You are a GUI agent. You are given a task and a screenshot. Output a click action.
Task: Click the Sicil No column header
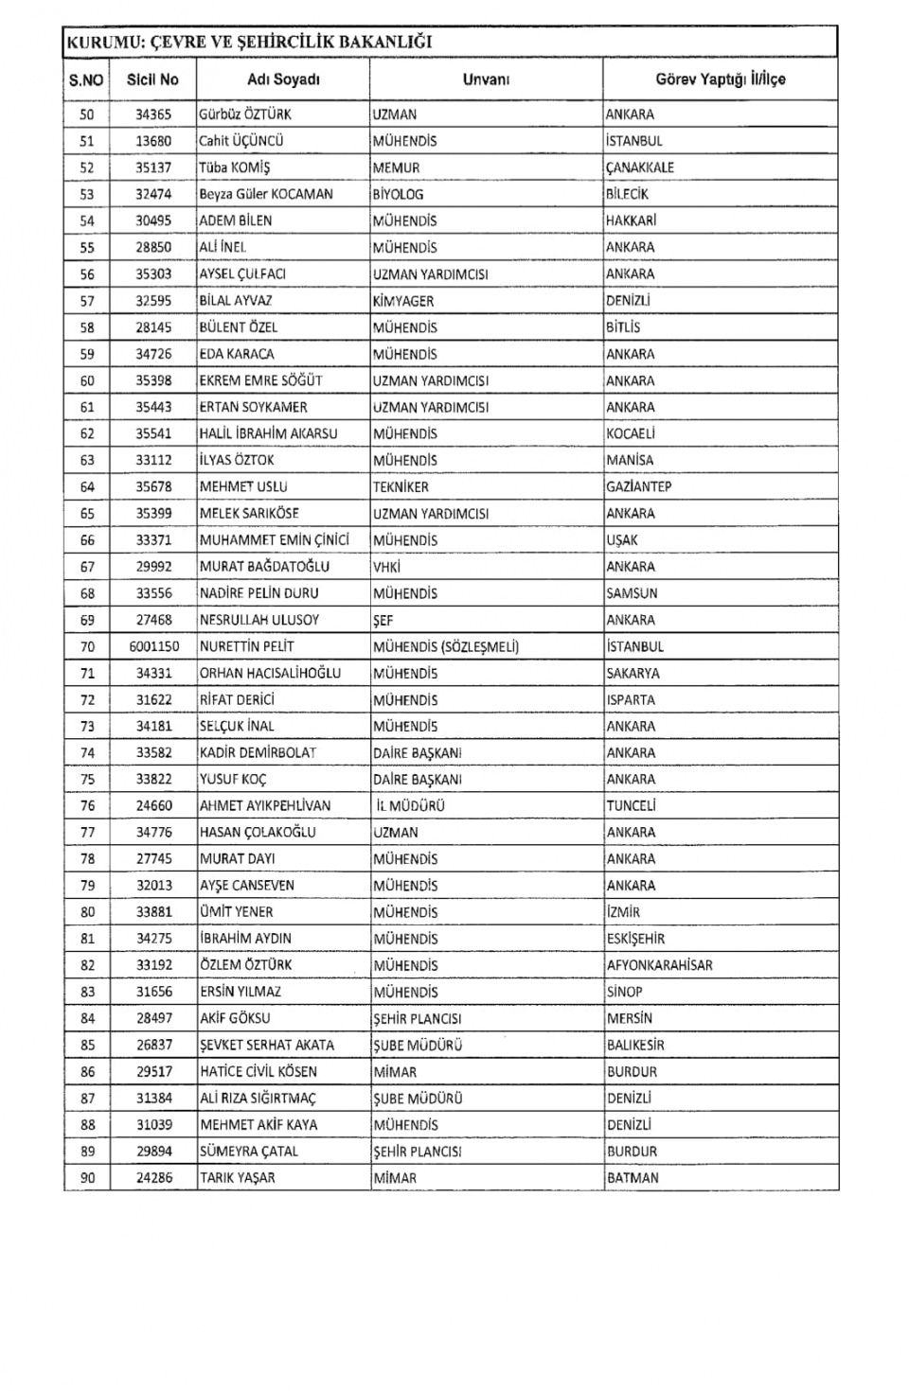[152, 79]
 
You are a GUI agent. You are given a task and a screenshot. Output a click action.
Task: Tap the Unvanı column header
[486, 79]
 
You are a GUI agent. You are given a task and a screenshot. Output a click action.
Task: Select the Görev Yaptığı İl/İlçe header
[720, 79]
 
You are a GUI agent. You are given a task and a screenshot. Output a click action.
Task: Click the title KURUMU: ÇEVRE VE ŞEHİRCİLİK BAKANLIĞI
[249, 42]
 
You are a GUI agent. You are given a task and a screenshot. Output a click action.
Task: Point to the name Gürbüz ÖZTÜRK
[244, 114]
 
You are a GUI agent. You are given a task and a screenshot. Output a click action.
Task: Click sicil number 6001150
[153, 646]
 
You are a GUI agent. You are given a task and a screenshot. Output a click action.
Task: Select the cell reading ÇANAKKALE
[640, 167]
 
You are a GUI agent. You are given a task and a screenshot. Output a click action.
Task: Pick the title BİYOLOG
[398, 194]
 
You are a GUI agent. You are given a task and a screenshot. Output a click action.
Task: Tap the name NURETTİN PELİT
[246, 646]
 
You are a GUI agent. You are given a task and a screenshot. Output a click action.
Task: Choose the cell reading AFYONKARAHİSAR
[659, 965]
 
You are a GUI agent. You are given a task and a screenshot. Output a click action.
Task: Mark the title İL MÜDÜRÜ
[410, 806]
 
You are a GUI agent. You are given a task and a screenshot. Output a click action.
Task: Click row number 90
[87, 1178]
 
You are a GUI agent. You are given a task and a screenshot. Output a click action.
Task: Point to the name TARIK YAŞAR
[237, 1178]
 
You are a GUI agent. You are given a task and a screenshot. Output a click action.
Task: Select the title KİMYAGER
[402, 301]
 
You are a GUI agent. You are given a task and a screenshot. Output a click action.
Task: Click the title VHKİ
[386, 567]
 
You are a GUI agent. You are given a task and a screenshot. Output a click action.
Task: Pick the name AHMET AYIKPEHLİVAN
[264, 806]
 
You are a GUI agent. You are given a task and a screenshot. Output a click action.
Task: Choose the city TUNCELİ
[631, 806]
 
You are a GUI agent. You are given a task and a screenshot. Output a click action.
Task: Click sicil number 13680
[152, 141]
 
